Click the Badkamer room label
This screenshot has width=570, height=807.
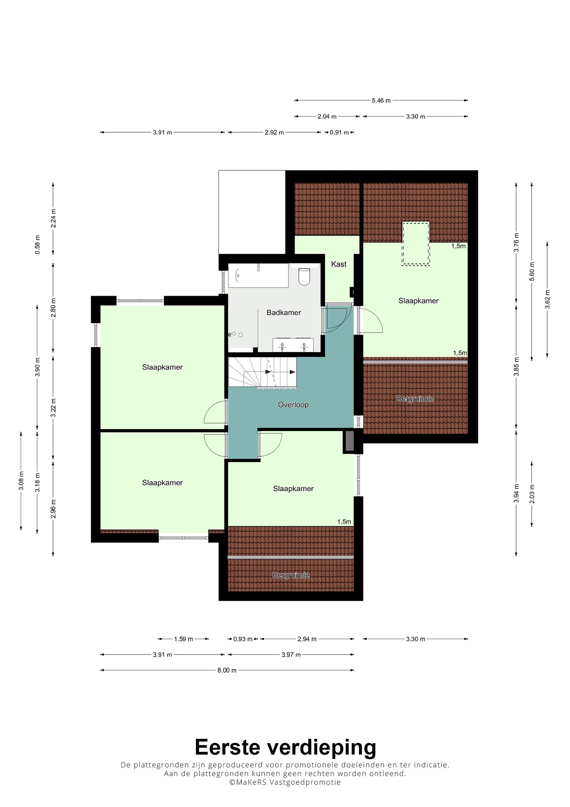(283, 313)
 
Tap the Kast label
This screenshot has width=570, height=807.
(339, 264)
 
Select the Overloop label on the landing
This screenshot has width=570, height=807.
(293, 405)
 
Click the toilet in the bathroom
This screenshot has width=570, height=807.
(304, 277)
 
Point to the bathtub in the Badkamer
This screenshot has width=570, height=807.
(258, 275)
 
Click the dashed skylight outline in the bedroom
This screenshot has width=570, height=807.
(416, 243)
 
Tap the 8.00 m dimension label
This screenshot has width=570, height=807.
(227, 670)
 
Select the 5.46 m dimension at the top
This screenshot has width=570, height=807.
(381, 101)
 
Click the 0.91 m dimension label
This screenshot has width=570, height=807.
(339, 132)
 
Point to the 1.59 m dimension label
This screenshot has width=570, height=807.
(183, 639)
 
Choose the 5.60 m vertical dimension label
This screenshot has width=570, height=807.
(532, 272)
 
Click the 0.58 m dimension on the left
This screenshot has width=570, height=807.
(38, 244)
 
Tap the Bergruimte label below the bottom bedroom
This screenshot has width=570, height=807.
(291, 575)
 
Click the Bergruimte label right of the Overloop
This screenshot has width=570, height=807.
(415, 399)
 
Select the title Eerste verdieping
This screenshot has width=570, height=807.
(285, 748)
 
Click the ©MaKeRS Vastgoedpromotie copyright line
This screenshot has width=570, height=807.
(285, 782)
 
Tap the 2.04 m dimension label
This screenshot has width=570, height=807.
(327, 116)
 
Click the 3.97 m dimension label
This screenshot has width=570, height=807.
(291, 654)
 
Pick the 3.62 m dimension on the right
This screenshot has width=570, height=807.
(547, 300)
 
